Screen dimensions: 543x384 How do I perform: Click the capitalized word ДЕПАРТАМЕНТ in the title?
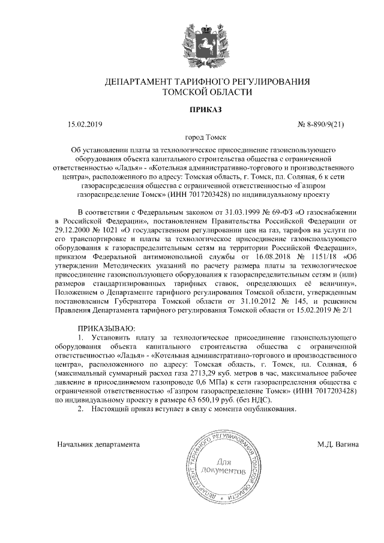point(139,81)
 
